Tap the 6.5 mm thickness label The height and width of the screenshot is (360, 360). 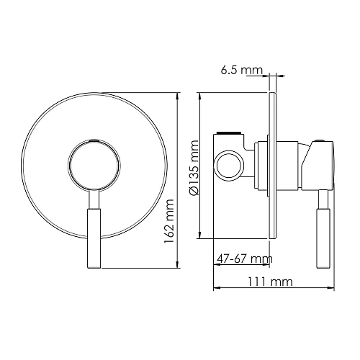pyautogui.click(x=241, y=71)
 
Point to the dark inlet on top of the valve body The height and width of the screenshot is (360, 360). pyautogui.click(x=229, y=133)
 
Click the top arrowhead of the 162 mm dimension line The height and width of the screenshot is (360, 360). pyautogui.click(x=177, y=95)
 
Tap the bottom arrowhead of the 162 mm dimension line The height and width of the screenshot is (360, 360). pyautogui.click(x=177, y=266)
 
